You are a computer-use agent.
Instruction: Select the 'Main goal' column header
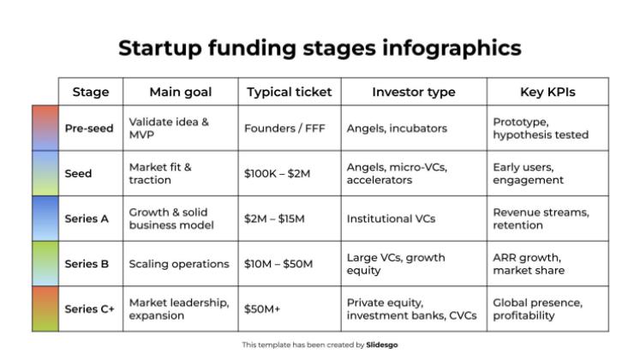[x=180, y=92]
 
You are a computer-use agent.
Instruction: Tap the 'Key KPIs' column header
[x=547, y=92]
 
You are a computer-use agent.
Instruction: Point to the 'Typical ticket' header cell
[x=290, y=92]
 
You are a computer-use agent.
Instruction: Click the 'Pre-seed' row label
[x=89, y=129]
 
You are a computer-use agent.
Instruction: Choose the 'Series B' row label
[x=87, y=264]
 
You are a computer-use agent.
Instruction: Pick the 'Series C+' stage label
[x=89, y=309]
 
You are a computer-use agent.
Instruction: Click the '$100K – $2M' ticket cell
[x=277, y=174]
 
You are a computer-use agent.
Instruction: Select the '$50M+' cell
[x=262, y=309]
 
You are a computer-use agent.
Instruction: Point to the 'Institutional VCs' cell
[x=391, y=219]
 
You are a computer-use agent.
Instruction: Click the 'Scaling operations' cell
[x=179, y=264]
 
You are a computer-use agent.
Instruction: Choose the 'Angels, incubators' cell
[x=397, y=129]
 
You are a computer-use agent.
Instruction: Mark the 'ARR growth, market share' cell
[x=528, y=264]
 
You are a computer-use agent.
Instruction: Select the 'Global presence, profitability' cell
[x=537, y=309]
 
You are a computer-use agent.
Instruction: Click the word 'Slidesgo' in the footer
[x=382, y=345]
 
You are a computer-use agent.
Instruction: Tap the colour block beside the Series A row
[x=45, y=219]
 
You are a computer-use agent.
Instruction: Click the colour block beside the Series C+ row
[x=45, y=309]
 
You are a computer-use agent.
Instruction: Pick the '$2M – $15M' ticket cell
[x=274, y=219]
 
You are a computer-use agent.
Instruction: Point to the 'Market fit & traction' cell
[x=160, y=174]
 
